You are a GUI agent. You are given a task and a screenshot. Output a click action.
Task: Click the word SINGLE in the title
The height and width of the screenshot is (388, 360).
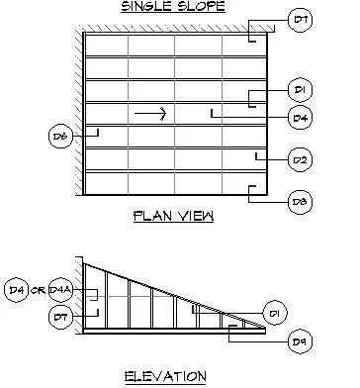coord(140,8)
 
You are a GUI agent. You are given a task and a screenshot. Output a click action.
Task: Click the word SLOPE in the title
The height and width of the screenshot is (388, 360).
coord(201,8)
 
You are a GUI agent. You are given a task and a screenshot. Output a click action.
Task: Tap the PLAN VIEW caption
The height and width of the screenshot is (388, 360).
coord(173,216)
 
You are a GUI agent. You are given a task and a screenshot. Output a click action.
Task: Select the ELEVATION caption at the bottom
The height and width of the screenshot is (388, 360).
coord(165,376)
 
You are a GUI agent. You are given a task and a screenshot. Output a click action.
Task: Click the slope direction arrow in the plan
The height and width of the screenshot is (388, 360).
coord(150,114)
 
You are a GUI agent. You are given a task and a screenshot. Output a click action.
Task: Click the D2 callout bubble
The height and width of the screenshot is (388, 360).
coord(300,157)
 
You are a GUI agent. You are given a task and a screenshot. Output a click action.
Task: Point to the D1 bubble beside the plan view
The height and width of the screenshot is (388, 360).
coord(300,90)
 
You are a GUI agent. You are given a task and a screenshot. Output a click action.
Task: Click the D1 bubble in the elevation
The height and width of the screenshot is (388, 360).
coord(277,315)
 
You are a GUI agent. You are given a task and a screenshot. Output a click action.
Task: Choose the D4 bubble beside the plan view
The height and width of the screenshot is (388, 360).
coord(300,118)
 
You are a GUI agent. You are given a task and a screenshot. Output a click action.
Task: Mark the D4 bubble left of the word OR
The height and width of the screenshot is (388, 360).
coord(16,290)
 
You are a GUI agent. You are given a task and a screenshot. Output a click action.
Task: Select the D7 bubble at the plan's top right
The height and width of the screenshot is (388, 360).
coord(300,19)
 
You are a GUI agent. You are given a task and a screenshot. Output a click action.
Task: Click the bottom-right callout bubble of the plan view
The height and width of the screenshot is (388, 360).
coord(300,201)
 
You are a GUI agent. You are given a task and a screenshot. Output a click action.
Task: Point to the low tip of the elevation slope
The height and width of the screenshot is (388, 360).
coord(265,328)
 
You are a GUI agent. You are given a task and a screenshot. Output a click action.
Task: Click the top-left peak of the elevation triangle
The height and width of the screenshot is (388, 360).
coord(85,261)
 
